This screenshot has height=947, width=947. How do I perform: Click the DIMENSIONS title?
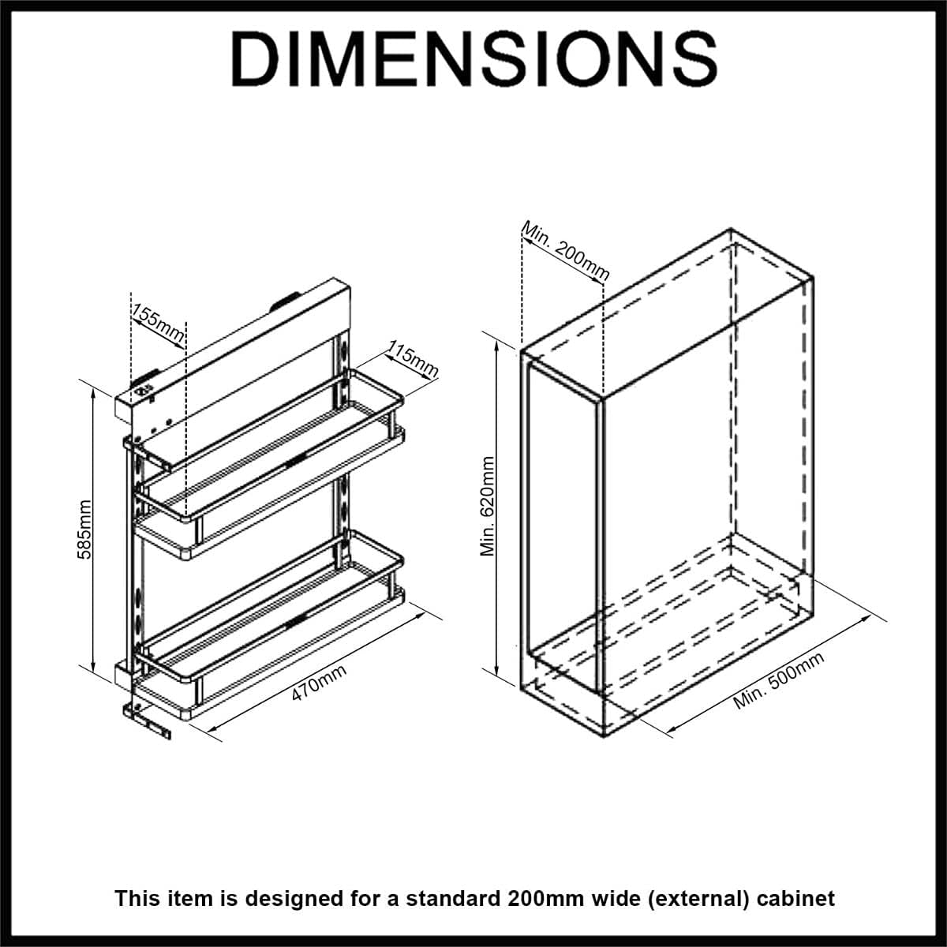click(x=473, y=59)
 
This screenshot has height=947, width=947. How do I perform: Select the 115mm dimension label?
click(x=413, y=360)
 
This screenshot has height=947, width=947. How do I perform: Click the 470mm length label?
click(x=319, y=683)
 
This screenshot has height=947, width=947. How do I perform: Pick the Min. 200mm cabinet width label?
click(x=566, y=250)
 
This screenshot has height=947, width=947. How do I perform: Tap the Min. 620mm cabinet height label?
click(x=488, y=505)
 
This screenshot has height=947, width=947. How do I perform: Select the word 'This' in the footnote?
click(x=137, y=898)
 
